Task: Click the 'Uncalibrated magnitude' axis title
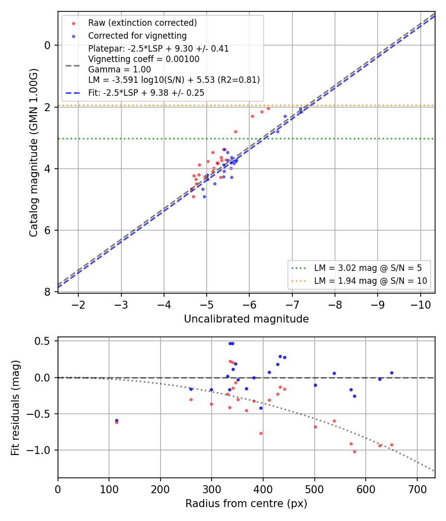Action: tap(246, 319)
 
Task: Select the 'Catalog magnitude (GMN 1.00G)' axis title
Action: tap(34, 152)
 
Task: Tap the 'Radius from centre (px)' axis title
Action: tap(246, 504)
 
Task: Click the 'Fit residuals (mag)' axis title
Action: tap(15, 408)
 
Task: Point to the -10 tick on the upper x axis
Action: tap(420, 305)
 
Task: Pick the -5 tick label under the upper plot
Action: tap(207, 305)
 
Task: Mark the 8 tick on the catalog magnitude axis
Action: tap(48, 292)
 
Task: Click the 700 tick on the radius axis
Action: tap(417, 489)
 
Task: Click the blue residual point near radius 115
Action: tap(116, 421)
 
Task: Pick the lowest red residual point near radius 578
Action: tap(354, 452)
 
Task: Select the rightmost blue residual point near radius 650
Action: tap(391, 373)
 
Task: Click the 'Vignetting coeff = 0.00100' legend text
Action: tap(144, 59)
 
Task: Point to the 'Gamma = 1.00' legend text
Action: tap(119, 69)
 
